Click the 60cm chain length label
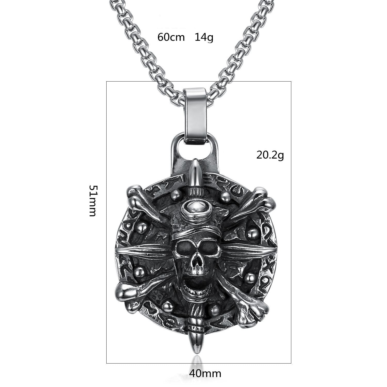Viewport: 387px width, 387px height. pyautogui.click(x=171, y=37)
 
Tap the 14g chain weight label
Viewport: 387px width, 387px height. pyautogui.click(x=204, y=37)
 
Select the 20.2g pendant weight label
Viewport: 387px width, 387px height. pyautogui.click(x=270, y=155)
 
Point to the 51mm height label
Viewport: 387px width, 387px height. pyautogui.click(x=93, y=201)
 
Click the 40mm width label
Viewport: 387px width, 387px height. pyautogui.click(x=205, y=373)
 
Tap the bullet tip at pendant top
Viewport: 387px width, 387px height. pyautogui.click(x=195, y=168)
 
